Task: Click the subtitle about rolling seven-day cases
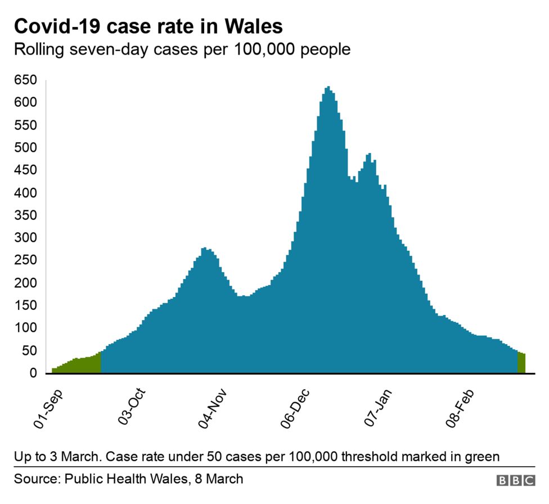point(182,49)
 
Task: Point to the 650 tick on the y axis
point(26,80)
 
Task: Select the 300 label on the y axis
point(26,238)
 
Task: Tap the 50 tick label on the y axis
point(29,350)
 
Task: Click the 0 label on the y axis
point(33,373)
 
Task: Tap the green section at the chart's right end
point(521,363)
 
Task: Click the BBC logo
point(516,480)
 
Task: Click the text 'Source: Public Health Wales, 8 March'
point(129,479)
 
